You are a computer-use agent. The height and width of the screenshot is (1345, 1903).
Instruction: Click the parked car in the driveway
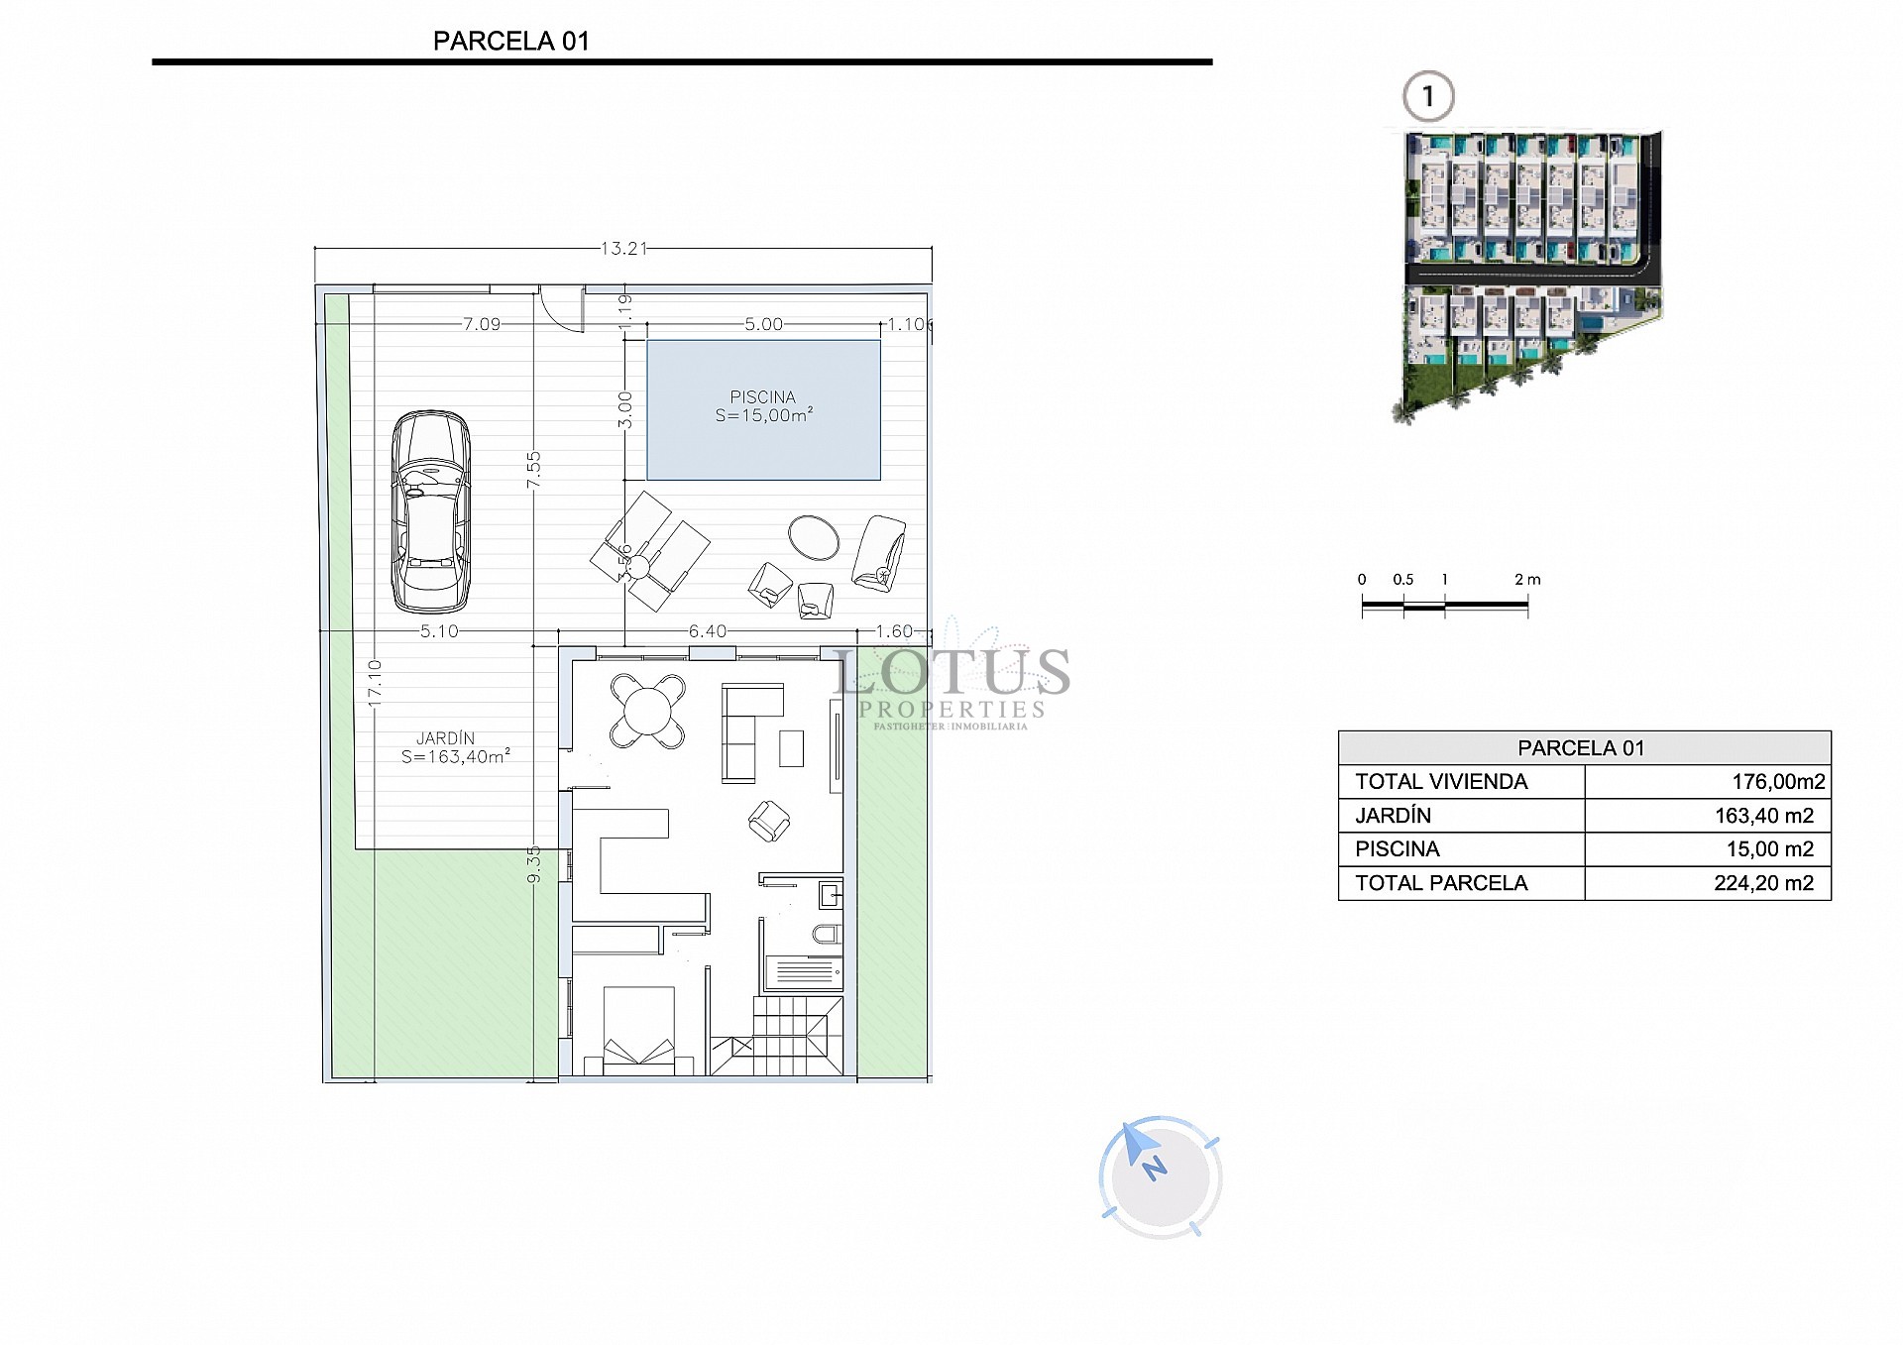click(x=430, y=511)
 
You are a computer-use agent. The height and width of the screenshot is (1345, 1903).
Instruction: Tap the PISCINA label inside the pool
click(x=762, y=397)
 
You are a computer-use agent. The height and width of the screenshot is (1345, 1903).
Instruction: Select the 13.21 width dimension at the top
click(x=623, y=249)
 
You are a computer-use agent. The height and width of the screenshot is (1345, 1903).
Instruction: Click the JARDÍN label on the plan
click(x=445, y=738)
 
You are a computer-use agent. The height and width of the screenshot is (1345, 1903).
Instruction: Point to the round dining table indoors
click(x=646, y=711)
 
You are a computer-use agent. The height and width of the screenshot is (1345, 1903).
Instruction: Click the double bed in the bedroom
click(x=638, y=1031)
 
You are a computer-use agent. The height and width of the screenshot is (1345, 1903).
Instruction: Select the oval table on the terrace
click(x=814, y=537)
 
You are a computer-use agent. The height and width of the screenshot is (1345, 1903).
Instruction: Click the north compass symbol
click(x=1159, y=1177)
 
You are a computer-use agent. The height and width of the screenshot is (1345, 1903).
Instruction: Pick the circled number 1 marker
click(x=1428, y=97)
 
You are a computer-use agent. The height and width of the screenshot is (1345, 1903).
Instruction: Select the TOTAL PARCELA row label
click(x=1441, y=883)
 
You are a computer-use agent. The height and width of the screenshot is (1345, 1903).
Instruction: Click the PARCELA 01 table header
click(x=1582, y=748)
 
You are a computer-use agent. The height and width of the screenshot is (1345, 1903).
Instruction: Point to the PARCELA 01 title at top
click(x=511, y=42)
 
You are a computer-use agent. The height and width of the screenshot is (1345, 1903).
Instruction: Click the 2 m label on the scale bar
click(x=1527, y=580)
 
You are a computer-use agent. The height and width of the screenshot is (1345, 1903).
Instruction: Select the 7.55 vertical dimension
click(x=534, y=469)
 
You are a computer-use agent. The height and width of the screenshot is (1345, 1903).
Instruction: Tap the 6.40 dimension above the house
click(x=708, y=631)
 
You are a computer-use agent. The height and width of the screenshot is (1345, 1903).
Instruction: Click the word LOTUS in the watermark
click(x=951, y=673)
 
